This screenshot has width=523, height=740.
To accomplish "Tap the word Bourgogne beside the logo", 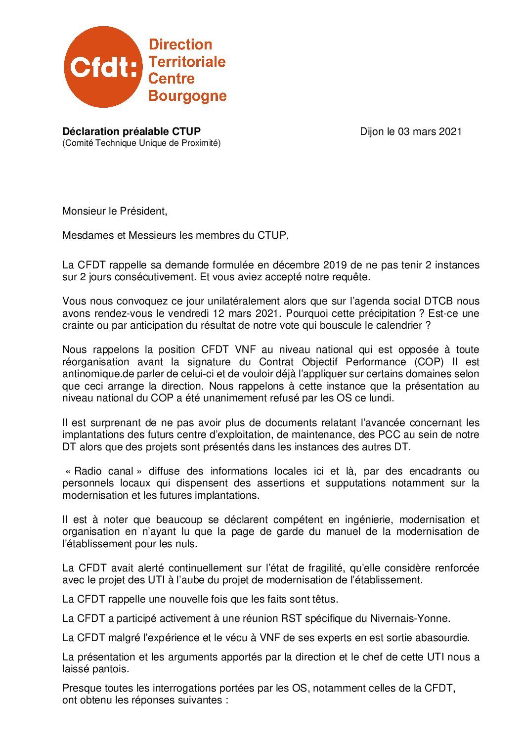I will pos(187,95).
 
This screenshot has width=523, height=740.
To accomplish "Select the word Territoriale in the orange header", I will pos(187,62).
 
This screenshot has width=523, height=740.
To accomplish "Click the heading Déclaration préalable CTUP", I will pos(131,131).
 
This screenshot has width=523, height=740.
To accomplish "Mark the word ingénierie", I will pos(363,520).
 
